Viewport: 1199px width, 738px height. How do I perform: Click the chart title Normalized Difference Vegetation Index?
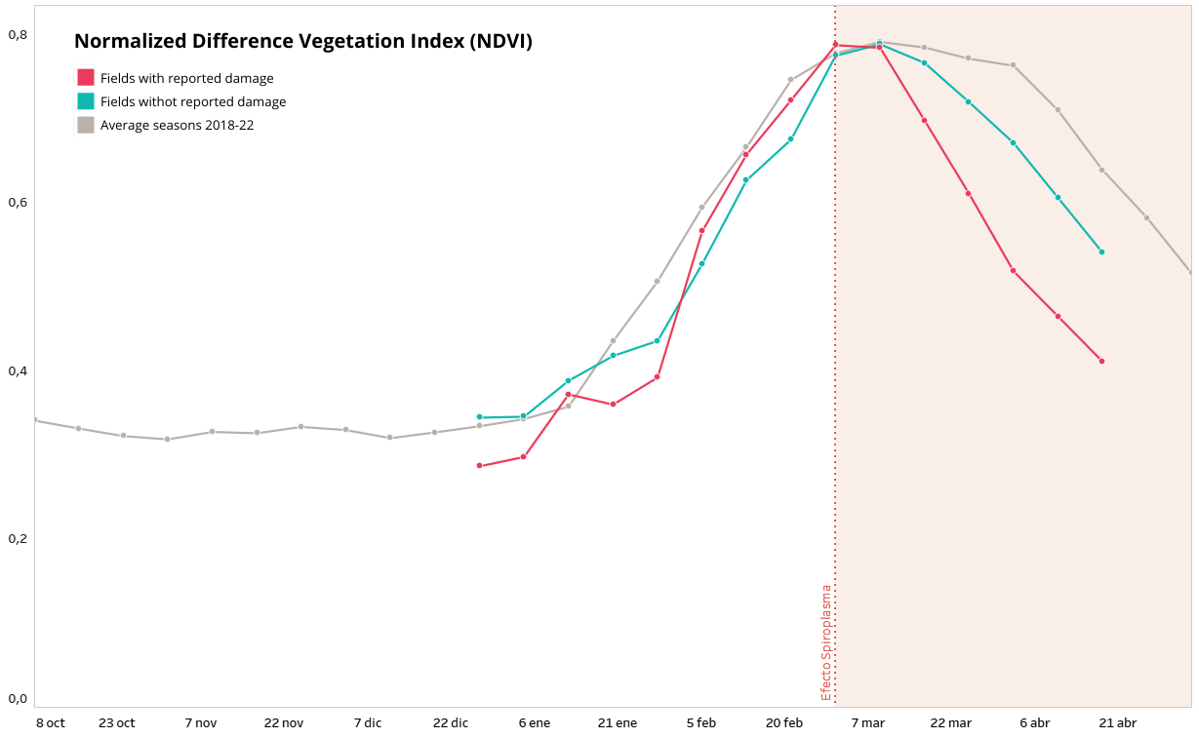click(303, 41)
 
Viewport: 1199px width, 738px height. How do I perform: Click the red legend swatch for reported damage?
click(86, 78)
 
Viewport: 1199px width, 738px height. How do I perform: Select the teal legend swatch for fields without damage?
click(86, 101)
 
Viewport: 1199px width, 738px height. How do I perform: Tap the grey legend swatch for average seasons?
click(86, 125)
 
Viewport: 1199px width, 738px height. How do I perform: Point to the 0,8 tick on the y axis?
click(18, 35)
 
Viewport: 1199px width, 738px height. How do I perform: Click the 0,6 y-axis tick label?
click(18, 203)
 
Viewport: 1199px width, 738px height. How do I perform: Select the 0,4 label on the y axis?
click(18, 370)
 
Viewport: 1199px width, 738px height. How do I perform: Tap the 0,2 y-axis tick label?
click(18, 538)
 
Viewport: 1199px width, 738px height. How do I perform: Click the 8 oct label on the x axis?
click(51, 722)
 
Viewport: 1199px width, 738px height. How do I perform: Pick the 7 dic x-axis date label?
click(368, 722)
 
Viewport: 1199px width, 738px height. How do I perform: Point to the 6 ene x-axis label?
click(535, 722)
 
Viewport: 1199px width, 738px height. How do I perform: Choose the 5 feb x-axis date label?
click(701, 722)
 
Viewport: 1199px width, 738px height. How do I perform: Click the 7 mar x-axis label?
click(867, 722)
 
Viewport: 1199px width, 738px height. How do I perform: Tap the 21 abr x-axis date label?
click(1118, 722)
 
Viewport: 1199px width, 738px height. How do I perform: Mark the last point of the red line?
click(1101, 361)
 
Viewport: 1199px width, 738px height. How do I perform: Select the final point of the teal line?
click(1101, 252)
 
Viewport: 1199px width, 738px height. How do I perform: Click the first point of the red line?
click(479, 465)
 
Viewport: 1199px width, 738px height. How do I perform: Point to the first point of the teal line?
click(479, 416)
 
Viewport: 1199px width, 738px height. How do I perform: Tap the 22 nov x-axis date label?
click(284, 722)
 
